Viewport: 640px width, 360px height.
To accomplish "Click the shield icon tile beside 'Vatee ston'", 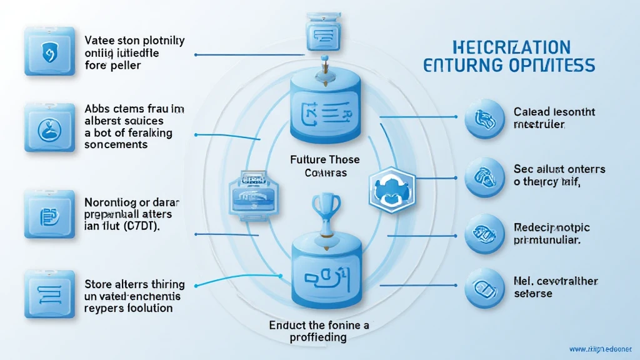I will (x=46, y=54).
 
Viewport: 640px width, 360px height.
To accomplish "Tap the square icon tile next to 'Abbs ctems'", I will (x=46, y=128).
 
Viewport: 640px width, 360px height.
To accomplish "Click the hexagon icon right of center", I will (x=389, y=189).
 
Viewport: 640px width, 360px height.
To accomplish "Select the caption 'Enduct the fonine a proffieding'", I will (x=320, y=331).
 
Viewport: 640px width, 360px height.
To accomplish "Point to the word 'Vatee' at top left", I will (x=99, y=41).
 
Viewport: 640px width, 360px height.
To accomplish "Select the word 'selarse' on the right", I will (x=534, y=294).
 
